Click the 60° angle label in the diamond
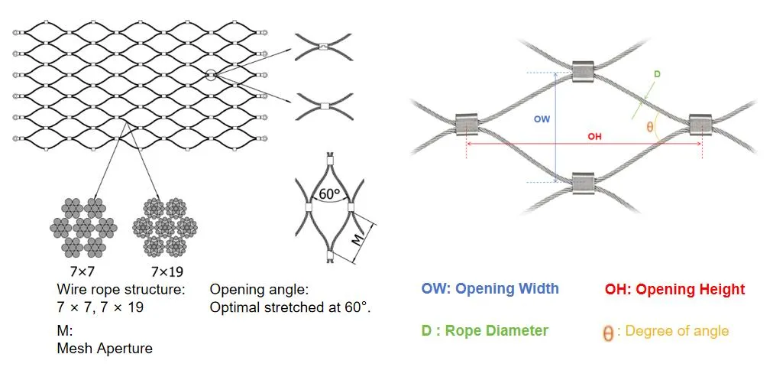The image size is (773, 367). [x=330, y=195]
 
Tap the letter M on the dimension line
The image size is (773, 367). [x=358, y=239]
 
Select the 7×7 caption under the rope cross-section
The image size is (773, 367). [x=79, y=271]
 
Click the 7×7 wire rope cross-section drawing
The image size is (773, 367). [x=84, y=226]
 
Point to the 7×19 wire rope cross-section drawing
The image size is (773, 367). [x=165, y=226]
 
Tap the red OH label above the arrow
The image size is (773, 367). [x=595, y=137]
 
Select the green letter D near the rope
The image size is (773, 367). [x=657, y=74]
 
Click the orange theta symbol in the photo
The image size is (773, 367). [x=650, y=127]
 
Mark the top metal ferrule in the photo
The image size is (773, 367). [x=584, y=72]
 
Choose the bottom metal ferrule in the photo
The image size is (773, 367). [x=584, y=183]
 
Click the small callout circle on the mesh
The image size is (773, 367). [x=211, y=74]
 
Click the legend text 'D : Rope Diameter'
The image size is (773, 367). [x=484, y=330]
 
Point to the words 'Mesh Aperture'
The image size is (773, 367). [x=105, y=349]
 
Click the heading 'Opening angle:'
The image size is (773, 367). [x=259, y=290]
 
